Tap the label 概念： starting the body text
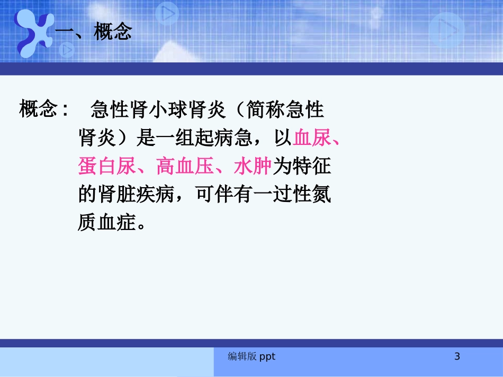point(44,110)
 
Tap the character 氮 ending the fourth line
point(321,195)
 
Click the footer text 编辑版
point(242,357)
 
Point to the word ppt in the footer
point(267,357)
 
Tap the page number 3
point(457,357)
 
